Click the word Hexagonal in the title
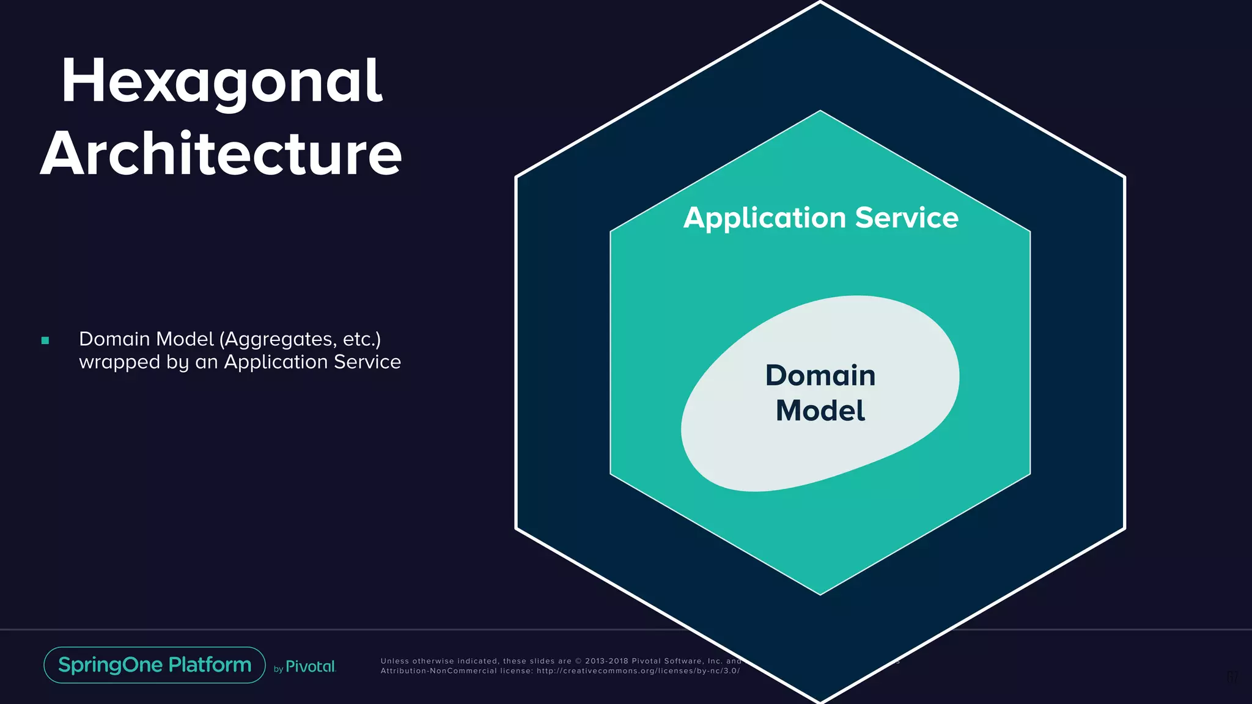point(221,82)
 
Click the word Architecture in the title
point(221,154)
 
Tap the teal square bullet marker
point(45,341)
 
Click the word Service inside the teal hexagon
point(907,218)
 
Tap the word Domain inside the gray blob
point(820,375)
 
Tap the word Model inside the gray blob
point(820,411)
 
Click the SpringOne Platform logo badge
point(155,665)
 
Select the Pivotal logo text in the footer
point(311,667)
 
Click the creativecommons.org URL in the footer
point(638,671)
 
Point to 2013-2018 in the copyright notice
point(606,661)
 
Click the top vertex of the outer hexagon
point(820,2)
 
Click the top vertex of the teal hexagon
point(820,111)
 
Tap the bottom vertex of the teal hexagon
point(820,594)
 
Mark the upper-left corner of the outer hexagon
point(517,177)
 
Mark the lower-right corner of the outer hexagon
point(1124,528)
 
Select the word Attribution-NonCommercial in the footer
point(438,671)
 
